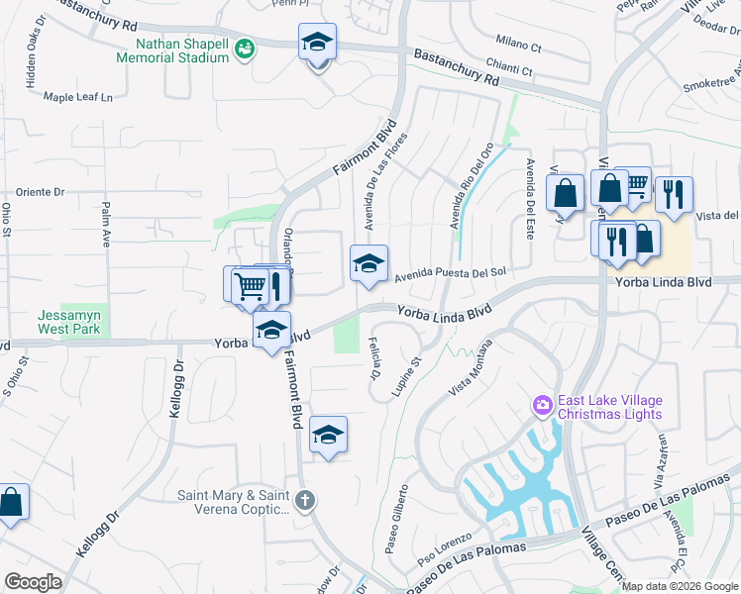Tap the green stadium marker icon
(245, 47)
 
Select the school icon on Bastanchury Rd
(317, 44)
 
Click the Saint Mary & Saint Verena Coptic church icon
(306, 500)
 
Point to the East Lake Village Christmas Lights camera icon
(542, 405)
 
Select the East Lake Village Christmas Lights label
(609, 407)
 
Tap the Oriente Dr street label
(40, 192)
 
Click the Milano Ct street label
(519, 47)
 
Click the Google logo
(33, 582)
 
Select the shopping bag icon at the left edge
(11, 502)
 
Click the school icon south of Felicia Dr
(328, 436)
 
